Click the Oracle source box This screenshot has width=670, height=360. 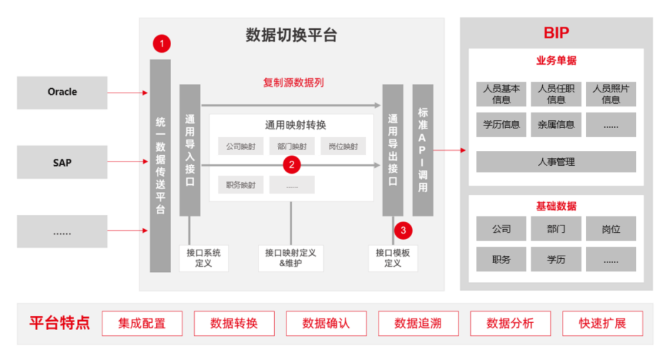[62, 92]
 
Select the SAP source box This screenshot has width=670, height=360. [62, 163]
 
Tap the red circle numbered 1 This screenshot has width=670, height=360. [161, 43]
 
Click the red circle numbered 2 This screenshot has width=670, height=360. [292, 164]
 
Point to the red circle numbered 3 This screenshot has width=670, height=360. [403, 230]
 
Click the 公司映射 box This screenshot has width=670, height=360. [241, 146]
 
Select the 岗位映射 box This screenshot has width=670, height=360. [343, 146]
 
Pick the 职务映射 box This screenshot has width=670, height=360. [241, 184]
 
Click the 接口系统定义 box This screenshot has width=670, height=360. [203, 258]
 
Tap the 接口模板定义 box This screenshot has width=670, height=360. [393, 258]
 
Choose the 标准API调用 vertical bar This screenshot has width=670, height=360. [423, 150]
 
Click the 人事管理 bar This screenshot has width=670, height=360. [556, 162]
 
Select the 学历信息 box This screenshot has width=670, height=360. [501, 124]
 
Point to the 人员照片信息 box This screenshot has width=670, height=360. [611, 94]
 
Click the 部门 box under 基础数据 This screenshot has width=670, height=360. [556, 229]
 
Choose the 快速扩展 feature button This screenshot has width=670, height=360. [602, 323]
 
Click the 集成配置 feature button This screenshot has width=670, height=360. [142, 323]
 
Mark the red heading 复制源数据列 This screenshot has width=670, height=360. [293, 83]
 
